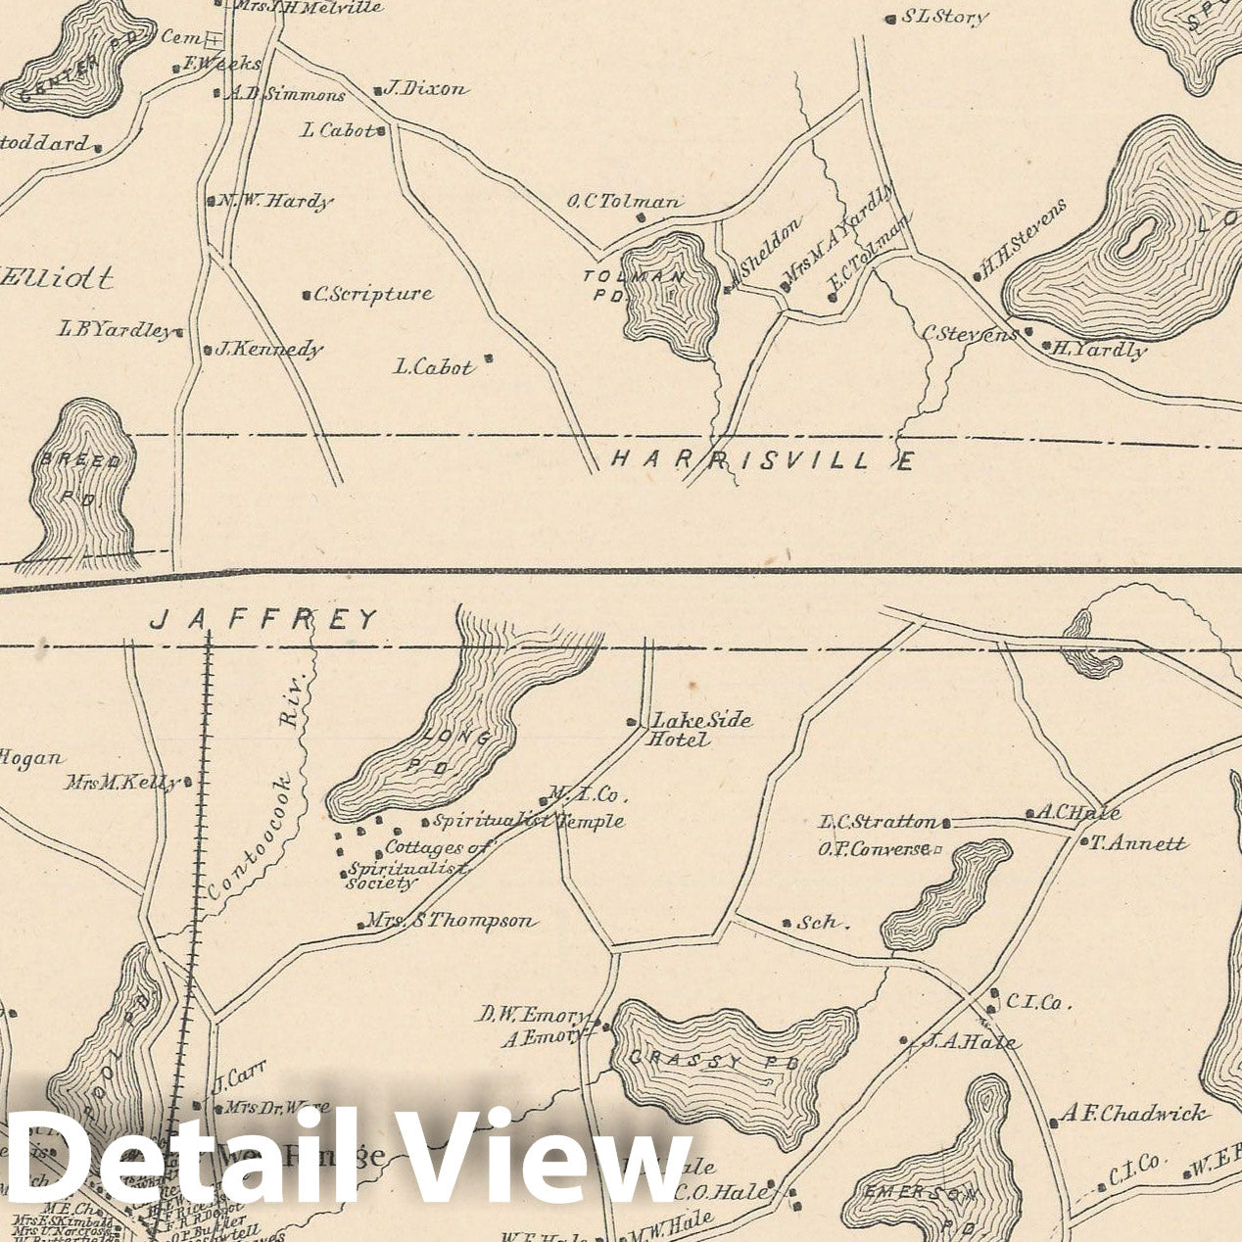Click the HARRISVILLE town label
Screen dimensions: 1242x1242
click(x=762, y=459)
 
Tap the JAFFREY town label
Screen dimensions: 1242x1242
click(x=264, y=619)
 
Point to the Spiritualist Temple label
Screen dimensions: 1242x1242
click(x=529, y=821)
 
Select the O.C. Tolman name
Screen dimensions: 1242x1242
click(x=623, y=203)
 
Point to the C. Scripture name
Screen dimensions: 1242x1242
click(x=372, y=293)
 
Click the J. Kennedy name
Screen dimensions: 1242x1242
click(x=268, y=349)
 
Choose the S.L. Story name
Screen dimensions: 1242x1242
click(x=944, y=17)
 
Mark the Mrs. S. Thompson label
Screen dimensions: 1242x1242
click(x=451, y=921)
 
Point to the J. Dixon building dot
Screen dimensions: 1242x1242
click(x=378, y=92)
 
